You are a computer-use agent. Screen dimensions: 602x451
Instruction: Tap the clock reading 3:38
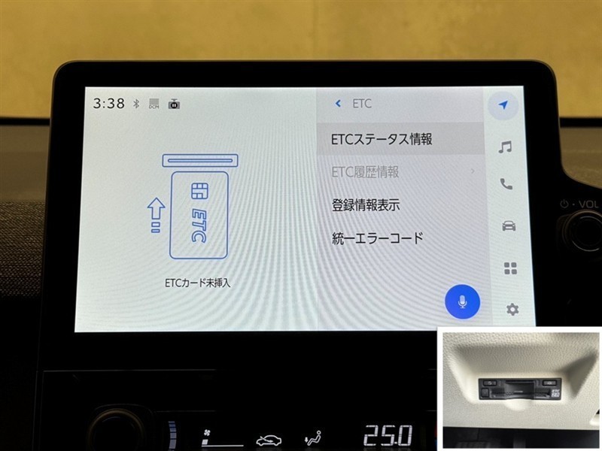[108, 103]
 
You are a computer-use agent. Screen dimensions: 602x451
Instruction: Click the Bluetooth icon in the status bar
[136, 104]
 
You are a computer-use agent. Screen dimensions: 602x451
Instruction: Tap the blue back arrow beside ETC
[338, 103]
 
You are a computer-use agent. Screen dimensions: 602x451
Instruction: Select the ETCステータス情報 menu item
[382, 139]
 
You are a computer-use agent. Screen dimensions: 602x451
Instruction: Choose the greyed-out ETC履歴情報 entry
[365, 172]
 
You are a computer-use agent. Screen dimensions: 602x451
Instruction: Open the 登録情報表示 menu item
[366, 205]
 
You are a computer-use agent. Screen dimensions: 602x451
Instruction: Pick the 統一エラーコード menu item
[378, 238]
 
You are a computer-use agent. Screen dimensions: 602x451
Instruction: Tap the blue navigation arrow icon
[503, 104]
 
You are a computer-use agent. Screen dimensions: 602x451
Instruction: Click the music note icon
[505, 147]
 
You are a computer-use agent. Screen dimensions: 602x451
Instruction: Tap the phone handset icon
[506, 184]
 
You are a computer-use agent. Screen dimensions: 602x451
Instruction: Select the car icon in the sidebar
[509, 225]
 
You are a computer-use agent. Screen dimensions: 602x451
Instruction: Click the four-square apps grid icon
[510, 268]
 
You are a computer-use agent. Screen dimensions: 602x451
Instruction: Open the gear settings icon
[512, 309]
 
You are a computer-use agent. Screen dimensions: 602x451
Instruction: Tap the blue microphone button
[462, 302]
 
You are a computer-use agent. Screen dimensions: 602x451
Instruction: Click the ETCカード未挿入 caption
[198, 283]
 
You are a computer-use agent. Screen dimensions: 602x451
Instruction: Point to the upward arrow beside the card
[156, 215]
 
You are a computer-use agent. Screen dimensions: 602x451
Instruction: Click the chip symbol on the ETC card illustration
[199, 191]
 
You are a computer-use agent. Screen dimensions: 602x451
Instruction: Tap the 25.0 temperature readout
[388, 436]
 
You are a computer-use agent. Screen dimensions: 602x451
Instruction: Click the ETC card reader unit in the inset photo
[520, 389]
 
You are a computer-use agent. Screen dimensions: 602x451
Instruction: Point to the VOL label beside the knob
[588, 204]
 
